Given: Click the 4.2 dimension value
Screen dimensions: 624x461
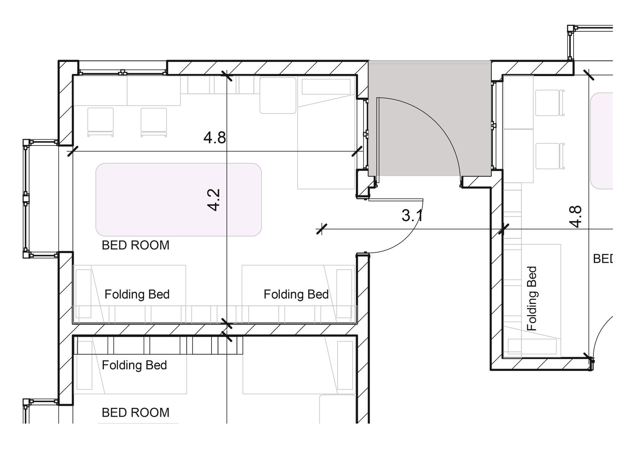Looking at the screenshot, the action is click(x=213, y=200).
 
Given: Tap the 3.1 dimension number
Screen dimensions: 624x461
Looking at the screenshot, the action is click(x=412, y=215).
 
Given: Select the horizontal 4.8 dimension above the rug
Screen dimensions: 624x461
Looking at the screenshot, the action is click(x=214, y=137).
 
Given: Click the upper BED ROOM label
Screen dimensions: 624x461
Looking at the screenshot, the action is click(x=136, y=245).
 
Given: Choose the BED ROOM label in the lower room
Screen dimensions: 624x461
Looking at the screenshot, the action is click(x=136, y=412).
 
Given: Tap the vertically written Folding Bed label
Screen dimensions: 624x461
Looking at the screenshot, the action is click(x=532, y=298).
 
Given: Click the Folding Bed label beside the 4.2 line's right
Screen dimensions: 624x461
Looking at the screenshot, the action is click(x=296, y=294).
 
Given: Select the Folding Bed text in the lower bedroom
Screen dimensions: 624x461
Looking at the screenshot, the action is click(x=134, y=365).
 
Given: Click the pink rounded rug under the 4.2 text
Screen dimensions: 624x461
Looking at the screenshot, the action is click(x=178, y=199).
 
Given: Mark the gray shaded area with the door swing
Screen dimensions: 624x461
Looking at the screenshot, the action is click(x=430, y=118).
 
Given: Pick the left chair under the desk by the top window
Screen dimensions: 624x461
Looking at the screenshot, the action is click(x=100, y=122).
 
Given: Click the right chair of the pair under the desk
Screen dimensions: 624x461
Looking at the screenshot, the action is click(x=154, y=122).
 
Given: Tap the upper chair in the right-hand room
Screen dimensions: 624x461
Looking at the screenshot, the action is click(x=550, y=103).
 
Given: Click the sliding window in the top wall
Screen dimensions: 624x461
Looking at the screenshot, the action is click(x=123, y=72).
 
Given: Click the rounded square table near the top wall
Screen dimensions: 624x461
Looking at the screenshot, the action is click(x=278, y=95).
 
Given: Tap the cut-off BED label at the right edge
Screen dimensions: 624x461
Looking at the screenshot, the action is click(x=603, y=259).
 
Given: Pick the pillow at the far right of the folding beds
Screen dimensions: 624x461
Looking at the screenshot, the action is click(x=344, y=294).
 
